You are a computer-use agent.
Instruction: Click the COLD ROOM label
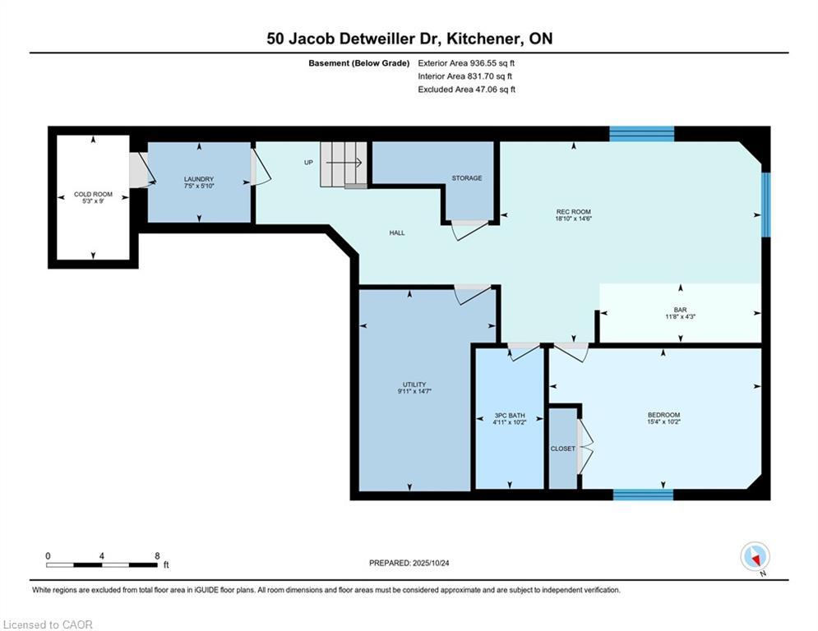coord(93,194)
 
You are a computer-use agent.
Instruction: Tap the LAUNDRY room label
coord(199,179)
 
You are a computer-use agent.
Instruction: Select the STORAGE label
coord(467,177)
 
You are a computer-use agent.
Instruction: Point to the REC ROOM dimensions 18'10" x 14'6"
coord(573,219)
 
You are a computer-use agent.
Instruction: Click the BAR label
coord(680,310)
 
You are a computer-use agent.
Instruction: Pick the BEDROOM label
coord(663,415)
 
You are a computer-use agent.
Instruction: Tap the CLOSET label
coord(563,449)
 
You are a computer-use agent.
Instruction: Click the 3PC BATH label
coord(509,416)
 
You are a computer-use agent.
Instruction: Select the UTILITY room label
coord(414,385)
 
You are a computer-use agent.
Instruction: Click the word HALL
coord(397,233)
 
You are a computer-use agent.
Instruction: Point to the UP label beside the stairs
coord(309,162)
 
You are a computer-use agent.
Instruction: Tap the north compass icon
coord(755,556)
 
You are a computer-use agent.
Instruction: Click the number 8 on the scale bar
coord(157,556)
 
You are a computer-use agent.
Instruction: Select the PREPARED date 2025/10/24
coord(431,563)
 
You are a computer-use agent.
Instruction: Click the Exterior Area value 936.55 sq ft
coord(492,63)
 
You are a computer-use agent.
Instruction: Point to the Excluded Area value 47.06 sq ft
coord(495,90)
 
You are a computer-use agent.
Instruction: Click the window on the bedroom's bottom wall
coord(643,495)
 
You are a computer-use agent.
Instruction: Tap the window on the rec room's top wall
coord(642,134)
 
